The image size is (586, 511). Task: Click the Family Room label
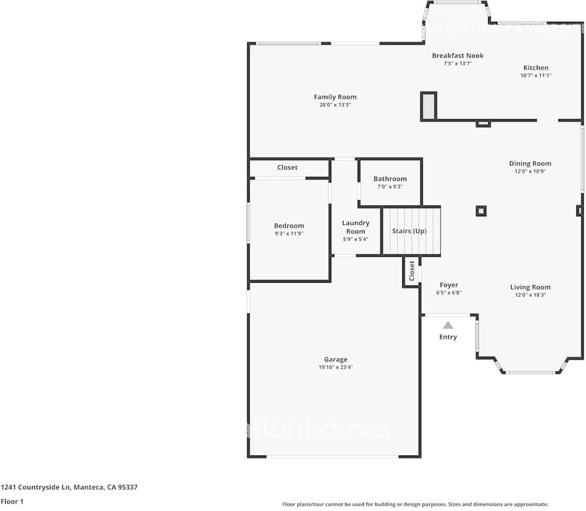point(335,97)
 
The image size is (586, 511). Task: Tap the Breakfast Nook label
point(457,56)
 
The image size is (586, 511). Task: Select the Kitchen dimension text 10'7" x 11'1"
point(536,76)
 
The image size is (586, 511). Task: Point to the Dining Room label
point(530,164)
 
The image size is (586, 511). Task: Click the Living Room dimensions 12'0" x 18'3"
point(530,295)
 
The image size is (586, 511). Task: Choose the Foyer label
point(449,285)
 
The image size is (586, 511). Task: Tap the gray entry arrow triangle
point(448,325)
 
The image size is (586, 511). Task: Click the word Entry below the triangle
point(448,337)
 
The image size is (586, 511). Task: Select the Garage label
point(335,359)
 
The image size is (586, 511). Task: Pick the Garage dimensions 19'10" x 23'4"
point(335,367)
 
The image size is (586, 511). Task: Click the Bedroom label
point(289,225)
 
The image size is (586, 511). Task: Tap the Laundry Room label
point(355,227)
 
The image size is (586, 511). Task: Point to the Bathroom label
point(390,179)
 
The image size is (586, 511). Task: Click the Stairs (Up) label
point(409,231)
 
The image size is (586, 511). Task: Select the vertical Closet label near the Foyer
point(411,271)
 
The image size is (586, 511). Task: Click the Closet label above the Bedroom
point(287,168)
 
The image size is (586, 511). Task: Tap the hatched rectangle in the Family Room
point(428,106)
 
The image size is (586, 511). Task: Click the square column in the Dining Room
point(481,211)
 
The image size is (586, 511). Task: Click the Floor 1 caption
point(12,502)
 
